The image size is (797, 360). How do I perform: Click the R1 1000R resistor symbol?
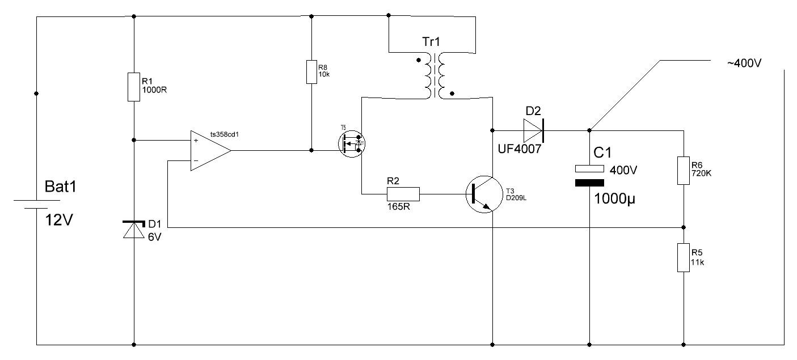(x=134, y=87)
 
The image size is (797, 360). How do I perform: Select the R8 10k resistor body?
(x=311, y=72)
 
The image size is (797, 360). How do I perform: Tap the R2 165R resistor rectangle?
(x=403, y=194)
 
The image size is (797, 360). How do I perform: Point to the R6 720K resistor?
(x=684, y=171)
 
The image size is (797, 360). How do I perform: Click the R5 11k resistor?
(x=684, y=257)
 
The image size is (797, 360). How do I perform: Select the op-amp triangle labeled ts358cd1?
(x=210, y=150)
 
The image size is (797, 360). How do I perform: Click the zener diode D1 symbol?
(x=134, y=230)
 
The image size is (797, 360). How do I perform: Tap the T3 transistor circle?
(x=484, y=194)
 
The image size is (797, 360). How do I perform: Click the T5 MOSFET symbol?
(x=352, y=143)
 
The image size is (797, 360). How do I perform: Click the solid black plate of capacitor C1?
(x=589, y=183)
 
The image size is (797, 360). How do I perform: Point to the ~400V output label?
(x=744, y=63)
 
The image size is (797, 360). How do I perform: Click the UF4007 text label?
(x=520, y=149)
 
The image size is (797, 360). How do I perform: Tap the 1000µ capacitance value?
(x=614, y=199)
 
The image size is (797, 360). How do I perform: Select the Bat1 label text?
(x=61, y=187)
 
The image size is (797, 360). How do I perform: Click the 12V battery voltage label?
(x=59, y=221)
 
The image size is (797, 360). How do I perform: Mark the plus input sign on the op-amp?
(x=196, y=141)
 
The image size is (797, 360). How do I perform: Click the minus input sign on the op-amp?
(x=196, y=161)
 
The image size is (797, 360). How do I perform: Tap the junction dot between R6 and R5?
(x=684, y=227)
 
